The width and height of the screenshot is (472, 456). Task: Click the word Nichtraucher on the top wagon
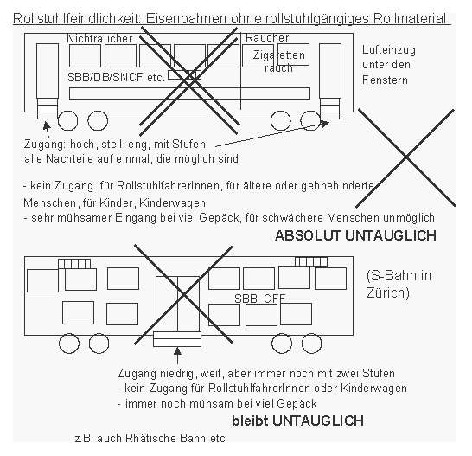[99, 39]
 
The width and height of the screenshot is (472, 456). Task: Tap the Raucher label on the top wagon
[267, 38]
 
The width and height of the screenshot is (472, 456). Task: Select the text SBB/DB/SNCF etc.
[115, 76]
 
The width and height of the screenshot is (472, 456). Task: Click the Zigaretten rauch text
[279, 61]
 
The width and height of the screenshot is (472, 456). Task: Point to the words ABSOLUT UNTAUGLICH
[354, 235]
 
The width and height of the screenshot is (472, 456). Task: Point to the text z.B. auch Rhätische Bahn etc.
[151, 439]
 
